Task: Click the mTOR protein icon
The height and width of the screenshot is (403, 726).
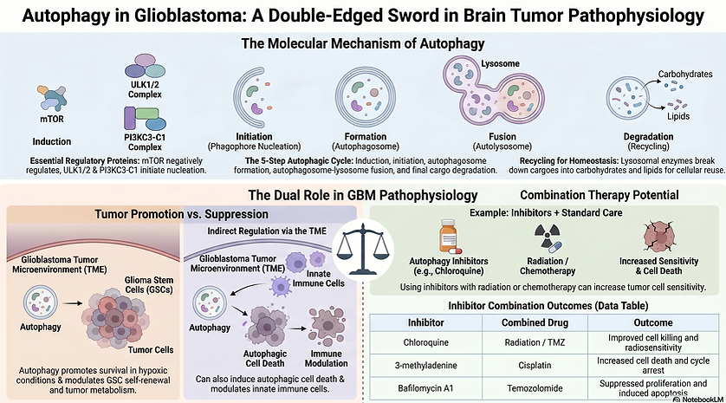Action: [x=52, y=98]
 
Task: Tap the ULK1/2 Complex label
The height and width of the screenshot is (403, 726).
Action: [x=145, y=89]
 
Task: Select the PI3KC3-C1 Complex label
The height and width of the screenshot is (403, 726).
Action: [x=145, y=142]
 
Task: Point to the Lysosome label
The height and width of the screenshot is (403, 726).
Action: [x=500, y=63]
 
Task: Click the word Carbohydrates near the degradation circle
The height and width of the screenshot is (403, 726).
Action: [x=685, y=75]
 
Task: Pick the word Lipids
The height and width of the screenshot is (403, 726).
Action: [x=678, y=116]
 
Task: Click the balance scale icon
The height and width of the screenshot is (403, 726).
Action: [x=362, y=248]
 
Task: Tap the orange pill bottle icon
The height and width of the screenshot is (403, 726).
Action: [x=448, y=237]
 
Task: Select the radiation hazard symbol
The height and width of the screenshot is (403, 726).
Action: [x=548, y=237]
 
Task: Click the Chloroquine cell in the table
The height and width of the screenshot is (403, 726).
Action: [x=425, y=343]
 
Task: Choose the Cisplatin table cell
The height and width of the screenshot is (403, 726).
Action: [x=535, y=366]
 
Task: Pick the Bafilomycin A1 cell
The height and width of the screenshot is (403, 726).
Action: [x=425, y=388]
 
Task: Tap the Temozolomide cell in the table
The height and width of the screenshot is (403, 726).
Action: [x=535, y=388]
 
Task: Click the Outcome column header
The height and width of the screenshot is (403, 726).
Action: [x=653, y=323]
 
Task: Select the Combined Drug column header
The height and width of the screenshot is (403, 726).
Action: [x=535, y=323]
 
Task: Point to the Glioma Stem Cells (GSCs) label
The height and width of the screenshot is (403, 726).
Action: [x=149, y=285]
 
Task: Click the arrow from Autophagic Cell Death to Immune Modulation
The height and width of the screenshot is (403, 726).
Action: [x=298, y=328]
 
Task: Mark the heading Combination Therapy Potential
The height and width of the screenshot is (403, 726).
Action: [x=600, y=195]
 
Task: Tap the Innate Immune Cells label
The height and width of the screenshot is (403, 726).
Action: [x=319, y=278]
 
